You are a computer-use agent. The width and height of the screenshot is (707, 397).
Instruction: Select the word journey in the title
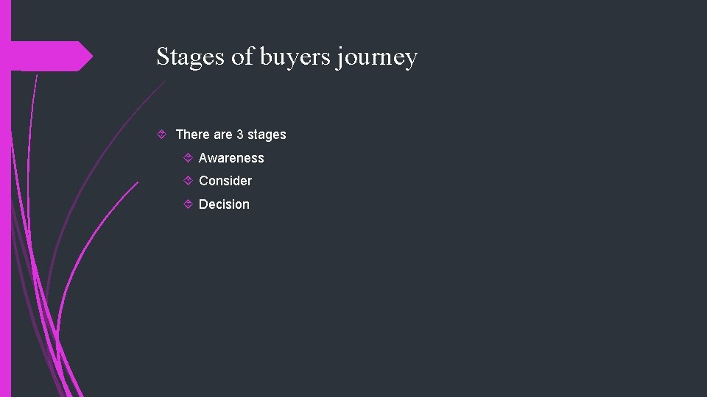376,57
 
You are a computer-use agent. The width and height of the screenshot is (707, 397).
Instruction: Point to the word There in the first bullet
193,135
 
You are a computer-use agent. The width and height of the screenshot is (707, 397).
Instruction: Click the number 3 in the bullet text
239,135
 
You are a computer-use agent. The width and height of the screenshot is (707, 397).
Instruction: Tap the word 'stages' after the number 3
267,135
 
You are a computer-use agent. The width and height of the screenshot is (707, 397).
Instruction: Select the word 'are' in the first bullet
223,135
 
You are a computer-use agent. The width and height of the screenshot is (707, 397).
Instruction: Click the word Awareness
231,158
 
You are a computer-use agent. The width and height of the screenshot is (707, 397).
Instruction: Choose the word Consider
225,181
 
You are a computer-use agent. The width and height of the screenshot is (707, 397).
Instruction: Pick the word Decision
224,204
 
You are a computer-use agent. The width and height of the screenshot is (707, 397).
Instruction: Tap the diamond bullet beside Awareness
188,157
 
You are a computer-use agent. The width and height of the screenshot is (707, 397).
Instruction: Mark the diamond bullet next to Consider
188,180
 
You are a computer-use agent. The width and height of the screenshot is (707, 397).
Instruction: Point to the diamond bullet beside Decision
188,204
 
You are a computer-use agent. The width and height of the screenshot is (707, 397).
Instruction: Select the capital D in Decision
203,204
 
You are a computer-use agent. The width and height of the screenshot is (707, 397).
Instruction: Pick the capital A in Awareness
203,158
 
